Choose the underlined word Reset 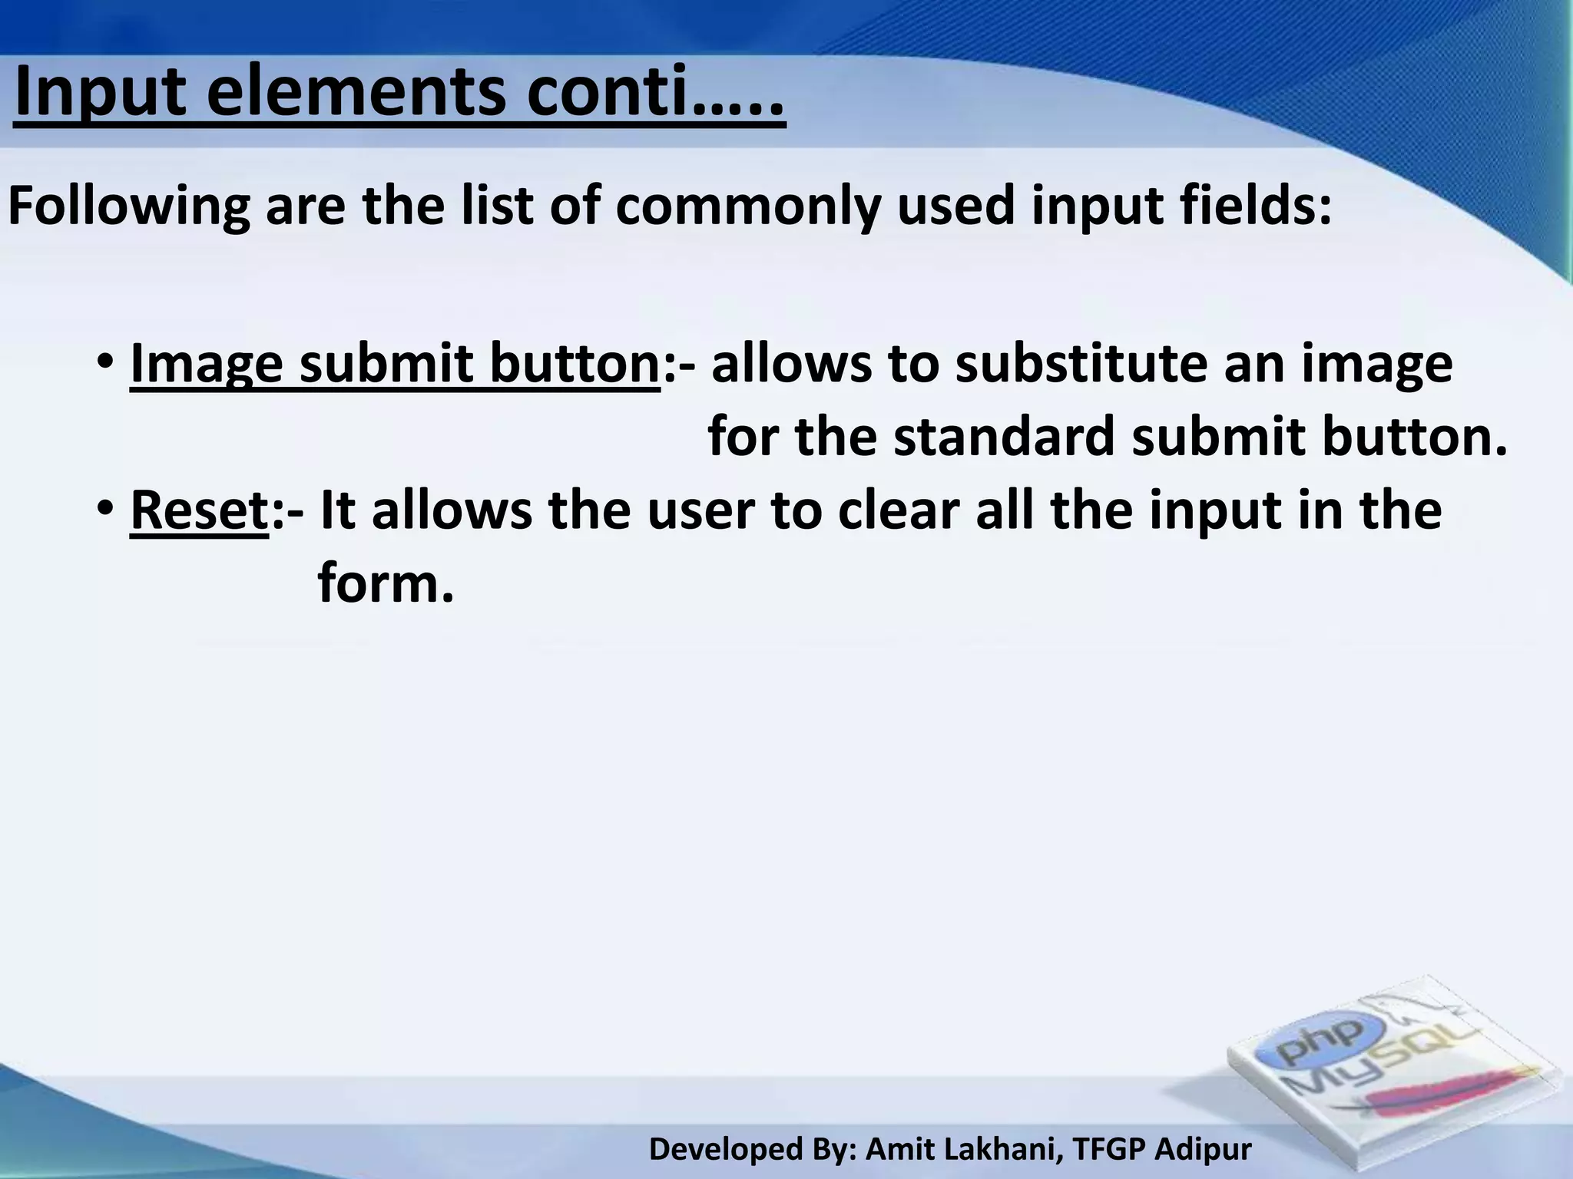pos(199,510)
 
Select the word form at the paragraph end pos(376,583)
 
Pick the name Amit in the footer pos(896,1149)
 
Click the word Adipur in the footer pos(1203,1149)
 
